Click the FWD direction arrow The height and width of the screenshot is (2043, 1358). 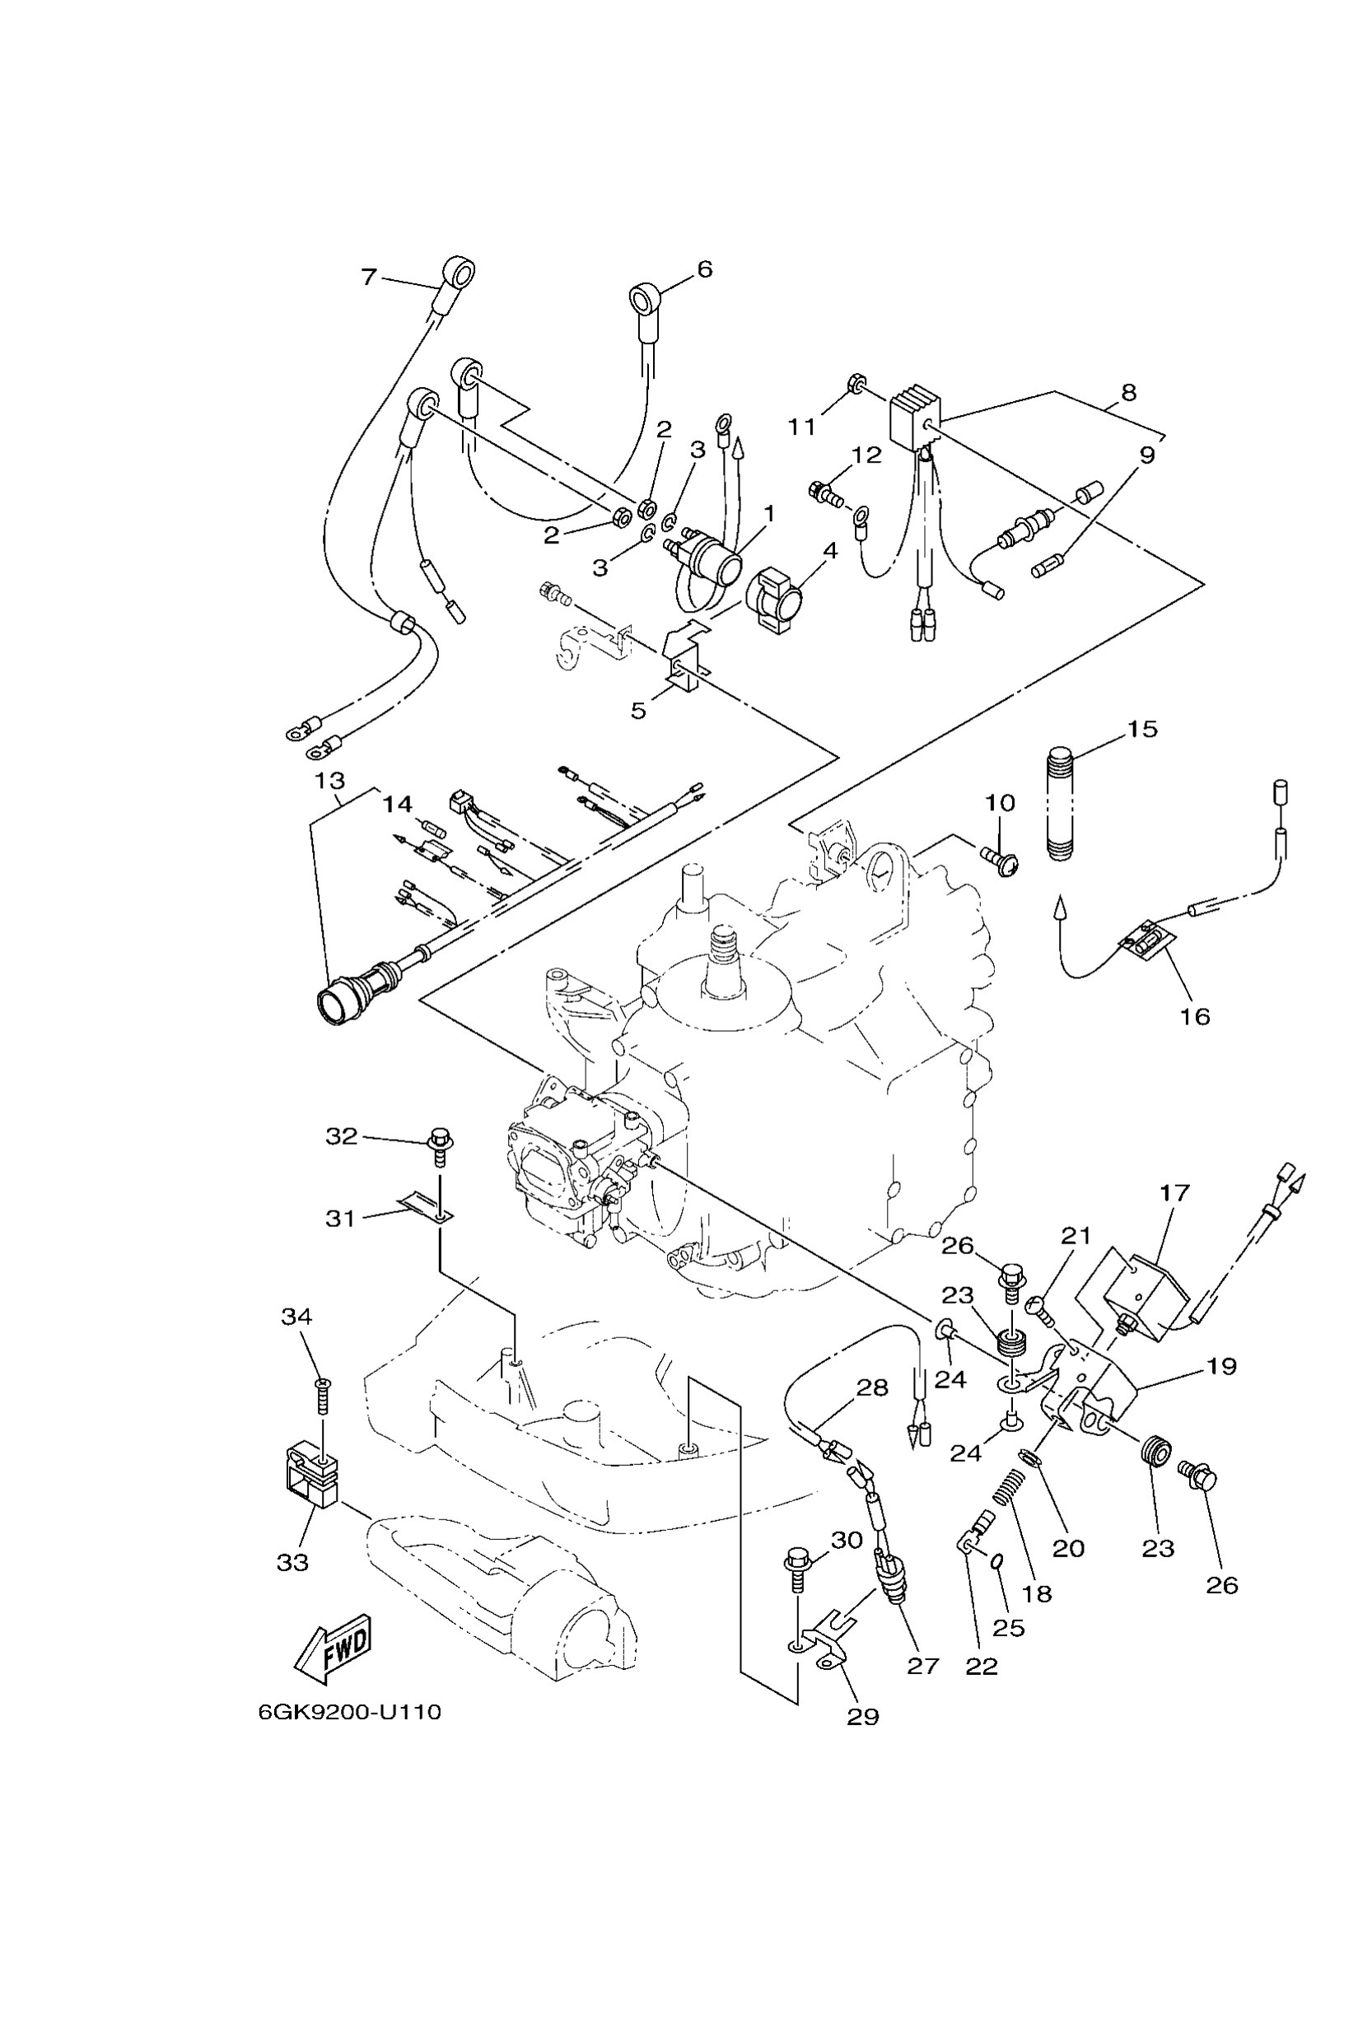335,1648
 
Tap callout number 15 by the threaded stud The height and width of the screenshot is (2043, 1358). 1142,730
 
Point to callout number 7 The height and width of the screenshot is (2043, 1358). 369,278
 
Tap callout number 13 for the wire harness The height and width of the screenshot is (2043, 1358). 330,781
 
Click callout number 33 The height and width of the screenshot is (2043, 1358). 292,1561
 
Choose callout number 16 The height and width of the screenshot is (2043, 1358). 1195,1015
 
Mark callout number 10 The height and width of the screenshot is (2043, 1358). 1000,802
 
